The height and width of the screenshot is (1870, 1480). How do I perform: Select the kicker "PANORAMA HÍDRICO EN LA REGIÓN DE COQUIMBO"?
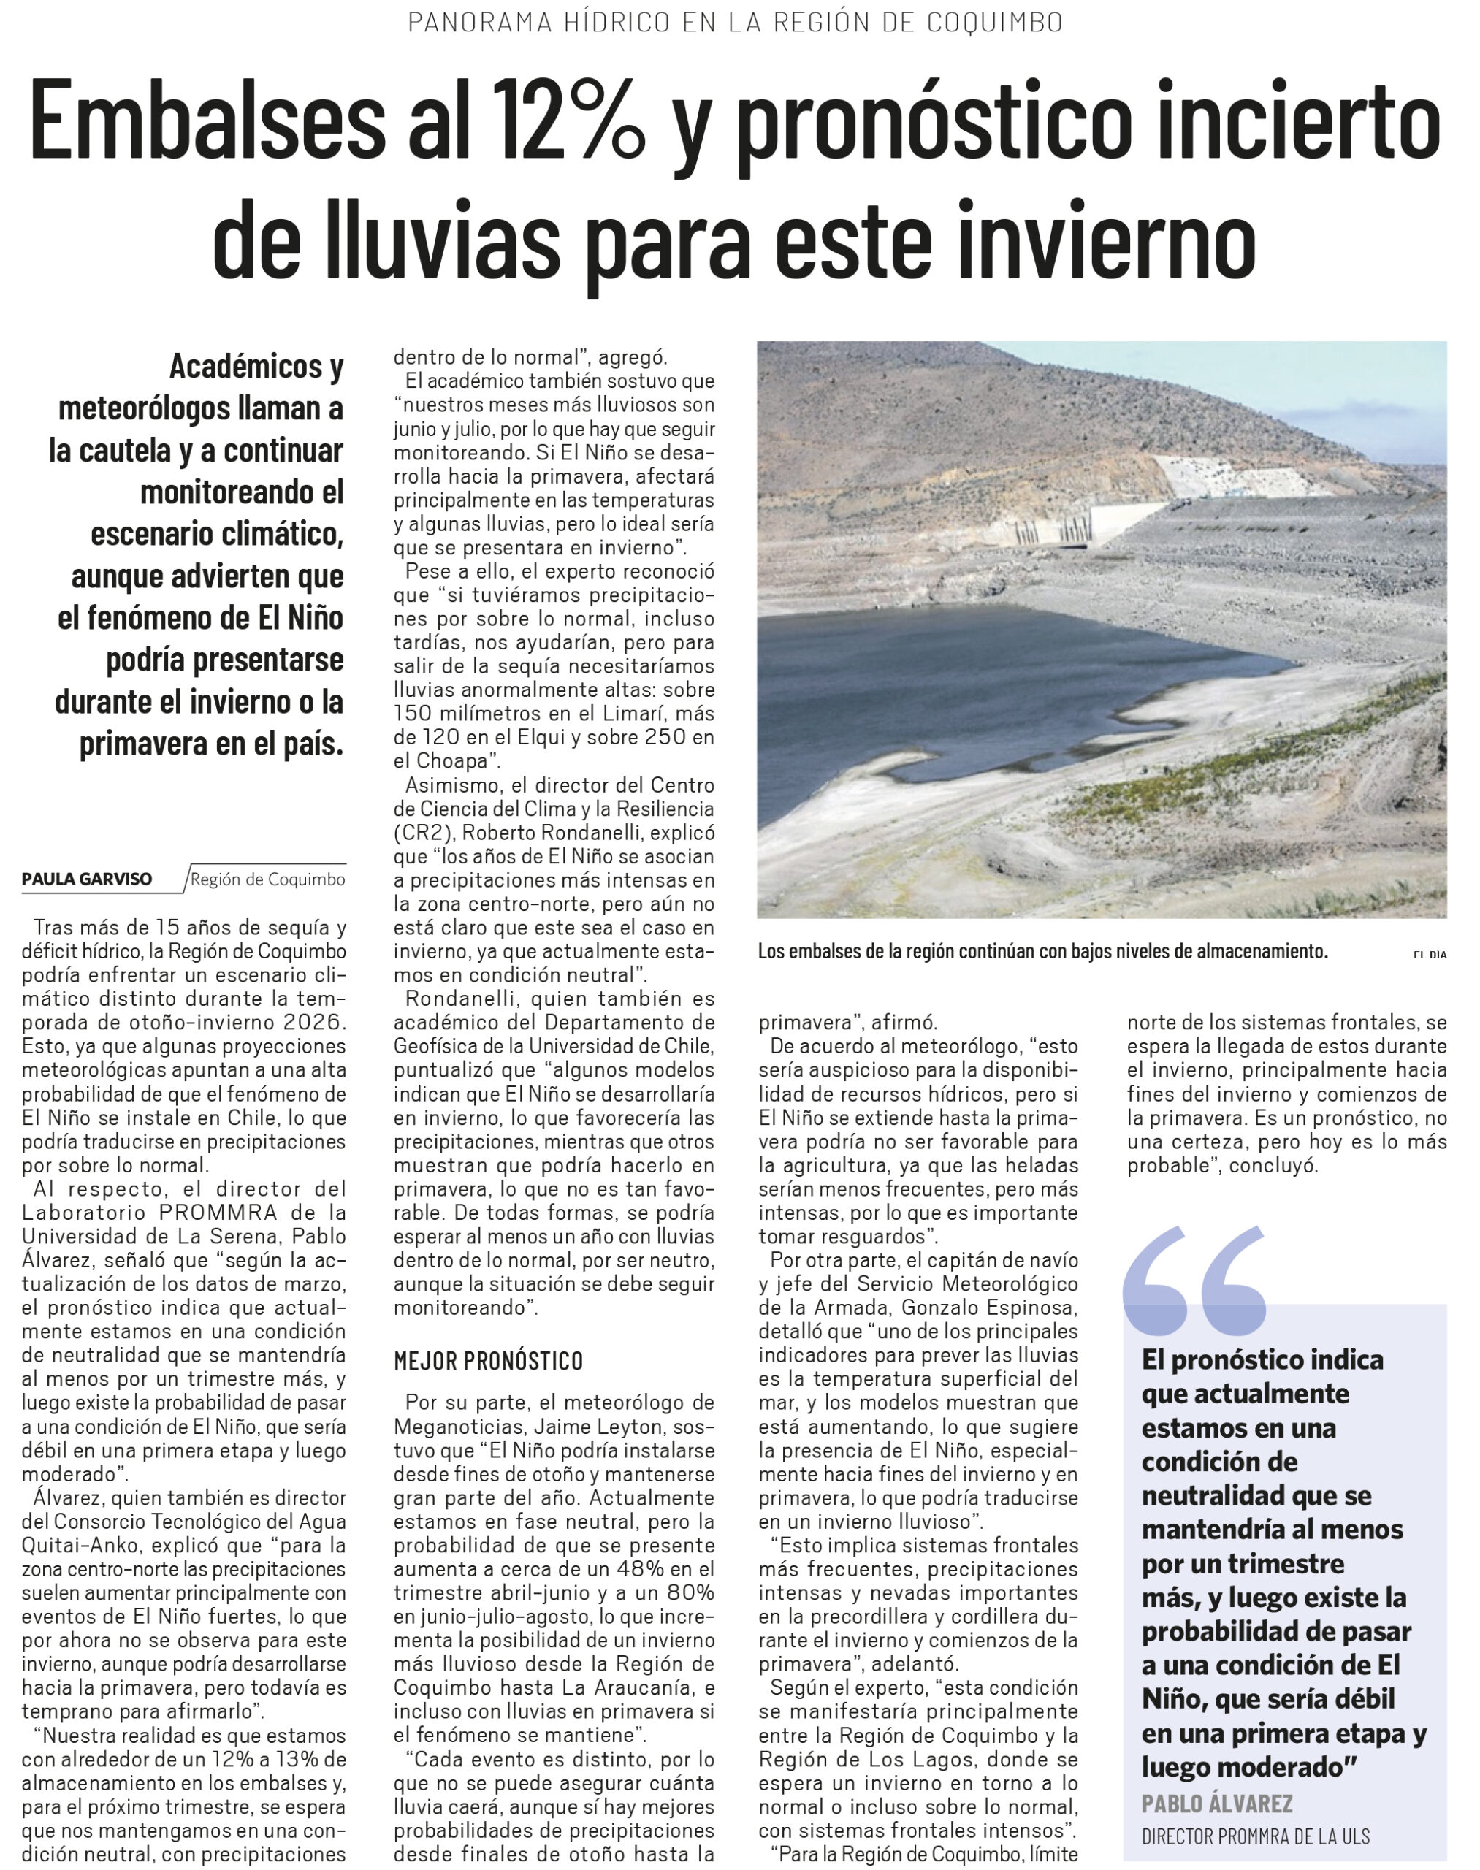tap(735, 23)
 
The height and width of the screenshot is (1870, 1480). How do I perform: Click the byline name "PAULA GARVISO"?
tap(87, 879)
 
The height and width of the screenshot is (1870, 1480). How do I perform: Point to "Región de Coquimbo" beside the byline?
tap(268, 879)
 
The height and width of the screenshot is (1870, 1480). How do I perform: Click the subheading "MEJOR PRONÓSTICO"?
tap(488, 1360)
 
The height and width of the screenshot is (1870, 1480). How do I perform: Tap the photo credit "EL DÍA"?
tap(1430, 954)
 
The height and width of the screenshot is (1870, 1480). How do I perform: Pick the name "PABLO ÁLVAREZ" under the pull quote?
tap(1216, 1804)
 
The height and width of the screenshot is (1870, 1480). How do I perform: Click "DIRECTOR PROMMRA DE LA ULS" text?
tap(1256, 1836)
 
